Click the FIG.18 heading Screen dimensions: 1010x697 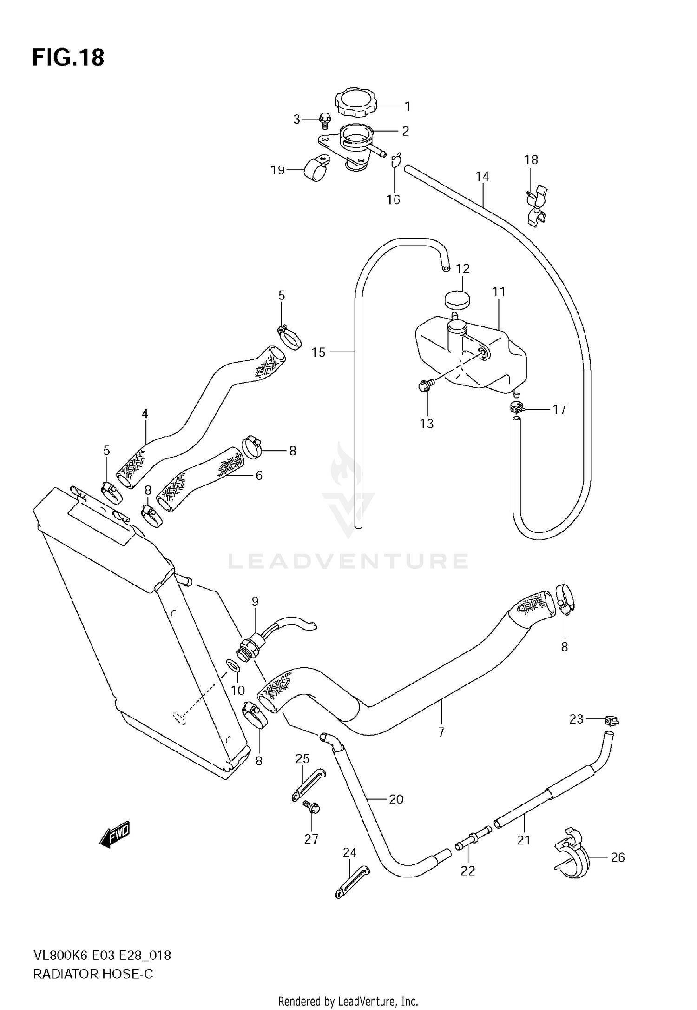tap(68, 58)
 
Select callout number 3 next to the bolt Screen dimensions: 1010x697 tap(297, 120)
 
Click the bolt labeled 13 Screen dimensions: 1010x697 tap(425, 385)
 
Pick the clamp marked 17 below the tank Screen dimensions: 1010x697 tap(516, 408)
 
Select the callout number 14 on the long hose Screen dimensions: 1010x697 tap(482, 177)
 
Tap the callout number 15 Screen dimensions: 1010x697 tap(318, 352)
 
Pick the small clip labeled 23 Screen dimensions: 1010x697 tap(612, 720)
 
